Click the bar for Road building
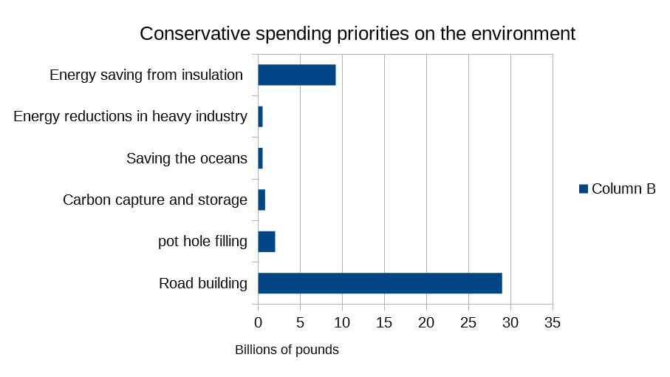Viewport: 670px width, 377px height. pyautogui.click(x=380, y=283)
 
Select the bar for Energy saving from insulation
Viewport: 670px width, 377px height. pyautogui.click(x=296, y=75)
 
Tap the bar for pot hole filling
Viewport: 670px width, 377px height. pyautogui.click(x=266, y=242)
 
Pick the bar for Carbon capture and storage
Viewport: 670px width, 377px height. pyautogui.click(x=261, y=200)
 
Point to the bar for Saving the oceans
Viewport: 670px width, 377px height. pyautogui.click(x=260, y=158)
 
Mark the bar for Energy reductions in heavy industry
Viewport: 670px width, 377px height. pyautogui.click(x=260, y=117)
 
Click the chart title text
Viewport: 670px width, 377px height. pyautogui.click(x=358, y=34)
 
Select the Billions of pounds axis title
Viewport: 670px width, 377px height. pyautogui.click(x=287, y=350)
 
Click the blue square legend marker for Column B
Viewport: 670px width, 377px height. pyautogui.click(x=583, y=188)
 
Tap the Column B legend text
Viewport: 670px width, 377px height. pyautogui.click(x=623, y=188)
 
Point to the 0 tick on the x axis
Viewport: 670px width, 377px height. pyautogui.click(x=258, y=322)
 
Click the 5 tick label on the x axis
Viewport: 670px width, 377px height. pyautogui.click(x=300, y=322)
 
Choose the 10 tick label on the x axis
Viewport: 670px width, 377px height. pyautogui.click(x=342, y=322)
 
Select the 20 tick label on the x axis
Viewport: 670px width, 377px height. pyautogui.click(x=426, y=322)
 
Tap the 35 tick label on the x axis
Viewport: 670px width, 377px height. pyautogui.click(x=552, y=322)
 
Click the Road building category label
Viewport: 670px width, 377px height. pyautogui.click(x=203, y=283)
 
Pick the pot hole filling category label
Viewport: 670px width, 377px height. pyautogui.click(x=202, y=242)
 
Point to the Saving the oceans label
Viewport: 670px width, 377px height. pyautogui.click(x=187, y=158)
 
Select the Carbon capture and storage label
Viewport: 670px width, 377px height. pyautogui.click(x=155, y=200)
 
